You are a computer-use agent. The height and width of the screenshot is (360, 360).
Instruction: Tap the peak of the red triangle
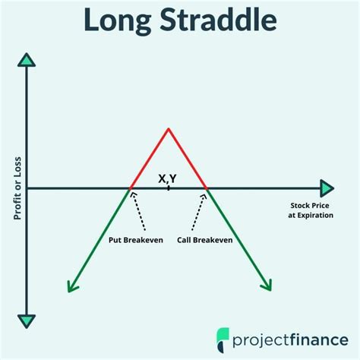pyautogui.click(x=168, y=128)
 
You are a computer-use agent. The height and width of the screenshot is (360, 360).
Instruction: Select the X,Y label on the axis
pyautogui.click(x=167, y=178)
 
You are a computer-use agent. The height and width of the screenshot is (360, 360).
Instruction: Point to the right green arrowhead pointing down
pyautogui.click(x=266, y=285)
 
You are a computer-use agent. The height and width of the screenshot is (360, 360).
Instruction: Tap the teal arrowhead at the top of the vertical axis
pyautogui.click(x=27, y=60)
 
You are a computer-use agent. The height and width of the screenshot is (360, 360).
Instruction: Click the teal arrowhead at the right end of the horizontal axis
pyautogui.click(x=327, y=188)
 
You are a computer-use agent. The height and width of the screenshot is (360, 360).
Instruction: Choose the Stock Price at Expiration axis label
pyautogui.click(x=308, y=210)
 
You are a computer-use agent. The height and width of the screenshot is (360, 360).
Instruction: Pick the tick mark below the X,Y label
pyautogui.click(x=169, y=187)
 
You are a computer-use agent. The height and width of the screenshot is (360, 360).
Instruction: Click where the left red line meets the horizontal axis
pyautogui.click(x=130, y=188)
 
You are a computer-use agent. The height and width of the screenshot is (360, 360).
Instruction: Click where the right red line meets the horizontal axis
pyautogui.click(x=207, y=188)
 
